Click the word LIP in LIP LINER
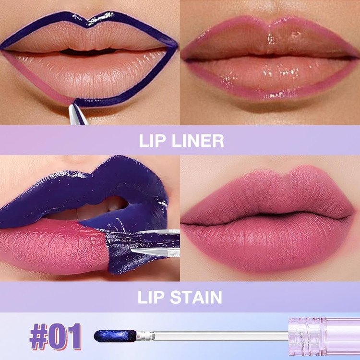tap(152, 141)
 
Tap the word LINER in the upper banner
tap(198, 141)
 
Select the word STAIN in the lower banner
tap(196, 297)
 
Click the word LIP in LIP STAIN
tap(151, 297)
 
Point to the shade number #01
tap(55, 336)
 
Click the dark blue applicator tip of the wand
tap(115, 336)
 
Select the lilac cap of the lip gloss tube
tap(324, 336)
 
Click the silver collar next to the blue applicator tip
tap(145, 336)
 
